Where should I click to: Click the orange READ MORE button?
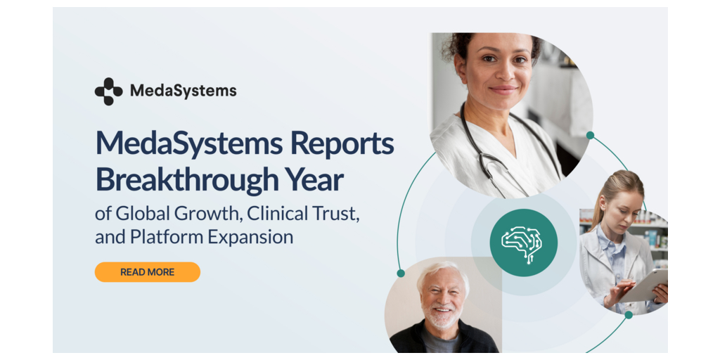point(148,272)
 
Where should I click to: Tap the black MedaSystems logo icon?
point(109,91)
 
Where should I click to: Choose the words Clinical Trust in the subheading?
point(303,214)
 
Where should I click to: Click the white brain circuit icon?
point(522,244)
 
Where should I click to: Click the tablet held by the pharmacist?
point(643,286)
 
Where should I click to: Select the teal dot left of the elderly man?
point(400,274)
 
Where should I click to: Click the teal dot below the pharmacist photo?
point(629,315)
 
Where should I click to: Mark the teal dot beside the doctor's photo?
point(590,135)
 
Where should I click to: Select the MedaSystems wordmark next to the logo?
point(184,91)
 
